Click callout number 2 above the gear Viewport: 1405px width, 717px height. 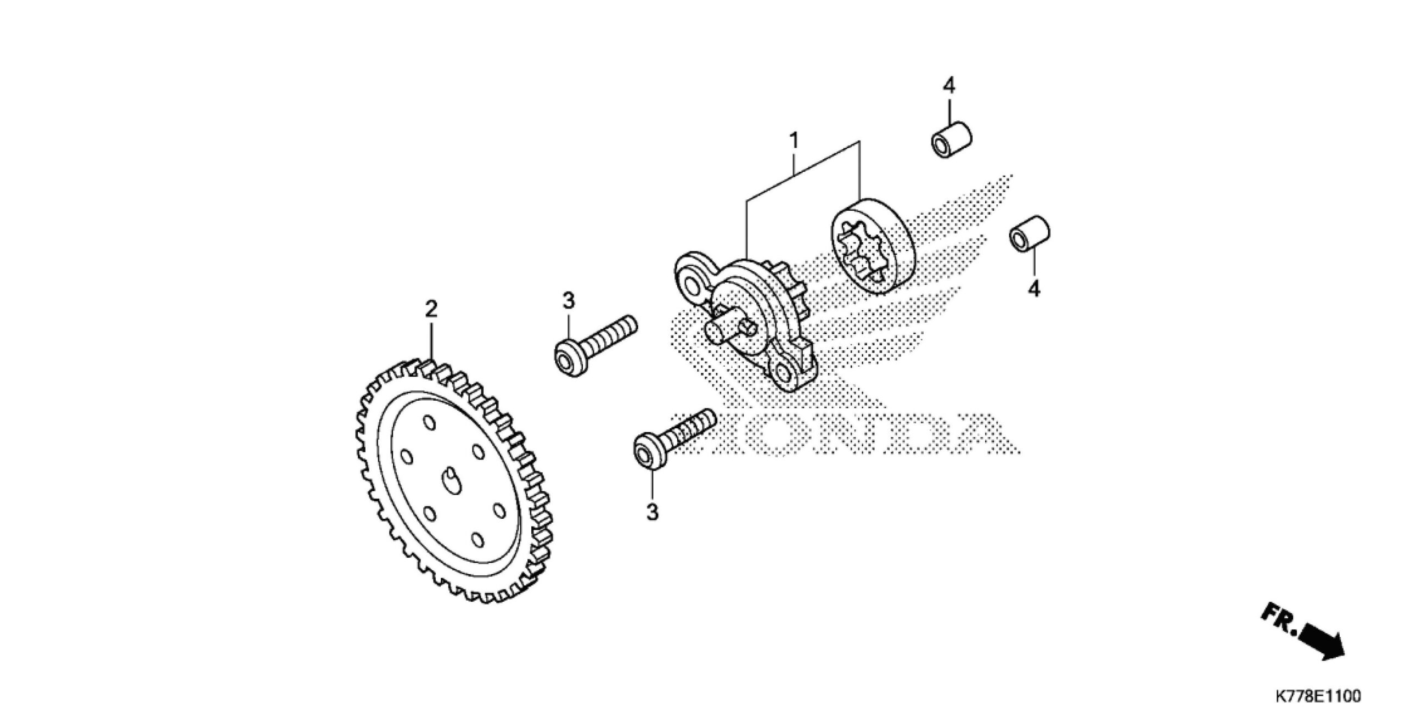tap(431, 309)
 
